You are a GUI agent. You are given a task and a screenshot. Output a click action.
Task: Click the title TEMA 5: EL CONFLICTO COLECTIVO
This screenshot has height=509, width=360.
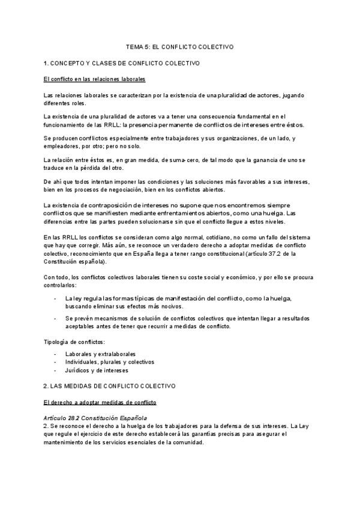pos(179,46)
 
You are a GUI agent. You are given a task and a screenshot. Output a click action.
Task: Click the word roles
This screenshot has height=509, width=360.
pos(78,103)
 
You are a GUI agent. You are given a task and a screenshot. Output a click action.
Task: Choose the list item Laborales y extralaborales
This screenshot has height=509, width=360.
pos(100,354)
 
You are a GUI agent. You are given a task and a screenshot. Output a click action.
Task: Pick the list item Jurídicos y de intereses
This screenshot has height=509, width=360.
pos(96,370)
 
